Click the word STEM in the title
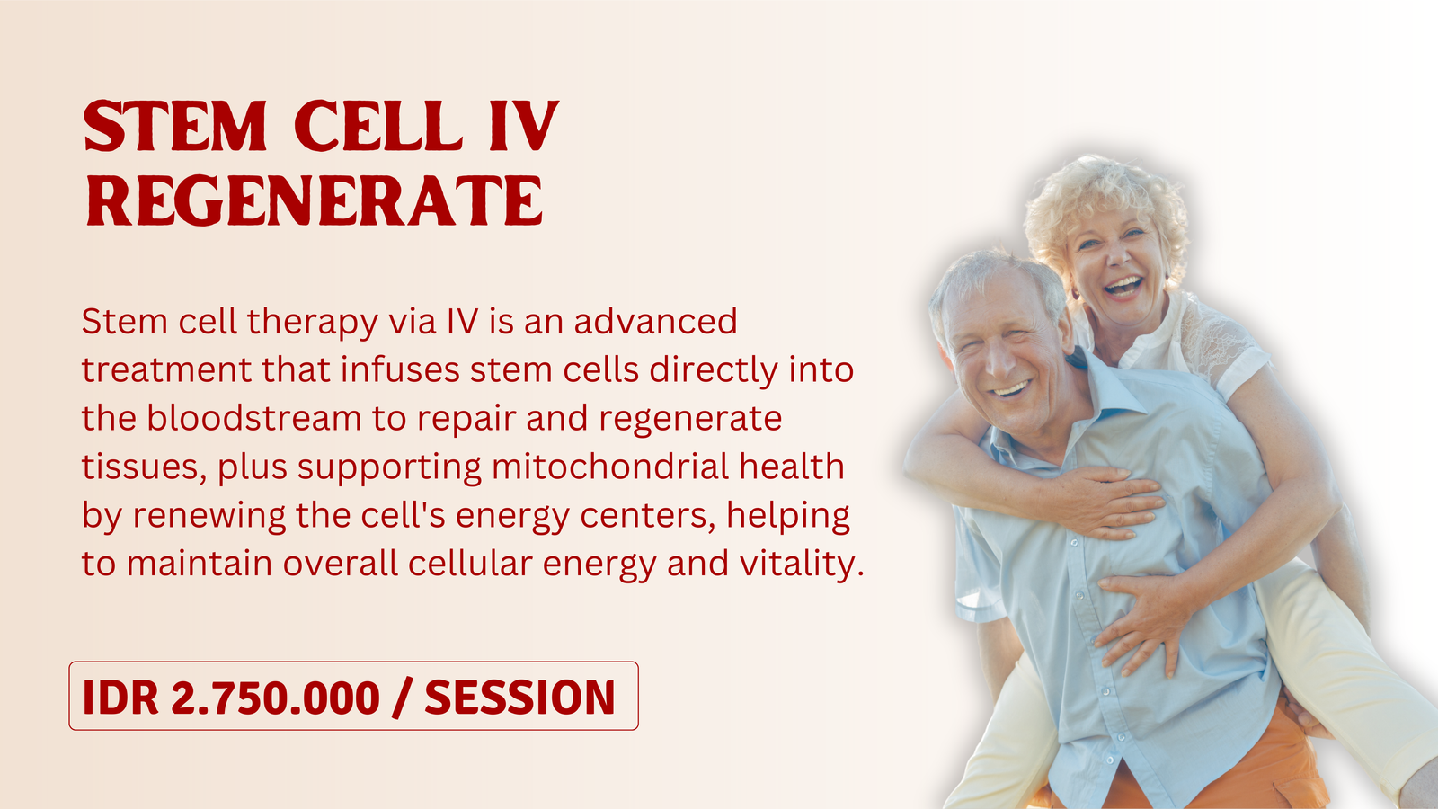pos(174,126)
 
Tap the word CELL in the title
pos(378,126)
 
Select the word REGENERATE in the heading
pos(315,200)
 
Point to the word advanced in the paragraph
pos(655,321)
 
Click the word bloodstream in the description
pos(254,418)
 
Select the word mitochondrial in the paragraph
pos(610,467)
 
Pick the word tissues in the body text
pos(144,467)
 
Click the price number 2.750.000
pos(275,698)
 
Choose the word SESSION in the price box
pos(520,698)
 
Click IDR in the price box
pos(120,698)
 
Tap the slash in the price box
pos(402,698)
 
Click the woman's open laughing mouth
pos(1123,286)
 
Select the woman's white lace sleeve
pos(1220,347)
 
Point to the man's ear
pos(1070,333)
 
